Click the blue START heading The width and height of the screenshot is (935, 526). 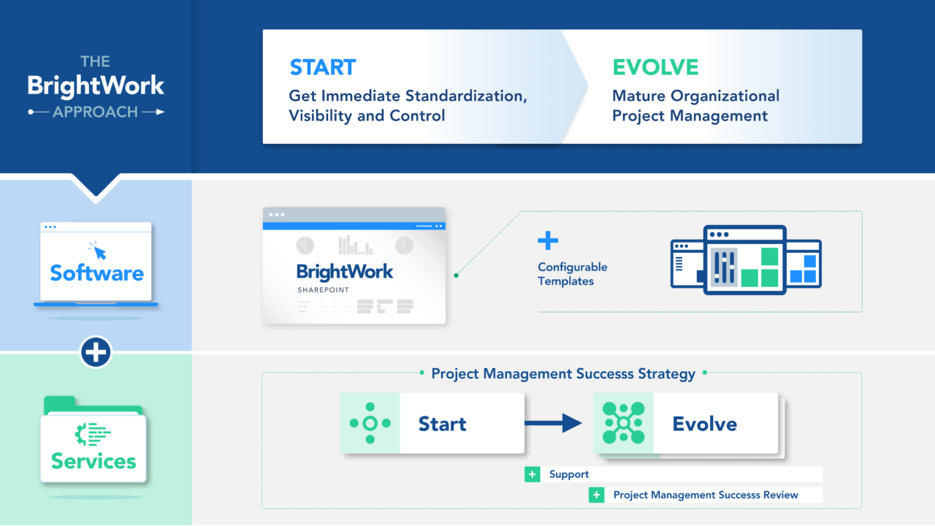click(322, 67)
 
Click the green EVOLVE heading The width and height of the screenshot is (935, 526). click(655, 67)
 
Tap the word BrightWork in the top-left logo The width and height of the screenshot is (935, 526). click(96, 85)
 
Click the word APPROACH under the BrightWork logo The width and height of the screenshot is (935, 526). click(95, 112)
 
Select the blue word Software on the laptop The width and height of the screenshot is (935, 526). click(96, 273)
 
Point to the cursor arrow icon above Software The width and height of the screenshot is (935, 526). click(97, 251)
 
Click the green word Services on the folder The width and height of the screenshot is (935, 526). click(93, 461)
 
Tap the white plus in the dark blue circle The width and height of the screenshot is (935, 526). click(96, 353)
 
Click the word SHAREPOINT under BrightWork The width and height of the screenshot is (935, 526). click(323, 290)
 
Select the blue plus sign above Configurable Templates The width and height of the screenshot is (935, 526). click(548, 241)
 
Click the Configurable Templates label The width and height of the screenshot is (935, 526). click(572, 274)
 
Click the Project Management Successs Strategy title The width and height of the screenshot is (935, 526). click(562, 373)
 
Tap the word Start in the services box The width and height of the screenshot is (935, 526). click(442, 424)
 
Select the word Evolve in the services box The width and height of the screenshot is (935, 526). click(704, 424)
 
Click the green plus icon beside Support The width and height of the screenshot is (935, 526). click(532, 475)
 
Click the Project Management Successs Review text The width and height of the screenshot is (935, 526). click(705, 495)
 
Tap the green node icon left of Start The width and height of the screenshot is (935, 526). click(370, 423)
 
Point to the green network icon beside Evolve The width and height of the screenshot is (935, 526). click(623, 423)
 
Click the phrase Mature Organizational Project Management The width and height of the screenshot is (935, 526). click(695, 106)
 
